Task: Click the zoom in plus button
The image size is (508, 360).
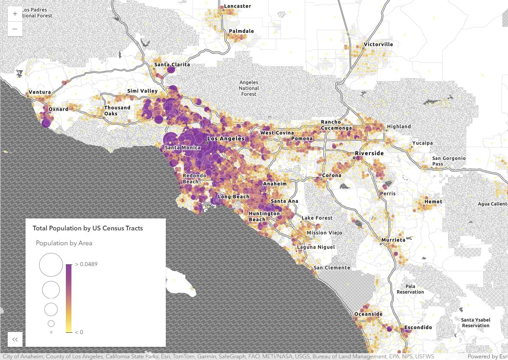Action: (x=15, y=14)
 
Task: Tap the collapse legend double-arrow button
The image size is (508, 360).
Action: (x=15, y=339)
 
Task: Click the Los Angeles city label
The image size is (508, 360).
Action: (x=226, y=139)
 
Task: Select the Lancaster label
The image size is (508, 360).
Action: (x=238, y=6)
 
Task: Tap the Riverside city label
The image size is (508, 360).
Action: (x=369, y=153)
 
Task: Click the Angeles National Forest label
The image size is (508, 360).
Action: (x=249, y=88)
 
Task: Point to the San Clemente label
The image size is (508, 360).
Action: (x=332, y=268)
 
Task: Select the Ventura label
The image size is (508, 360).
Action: (x=40, y=92)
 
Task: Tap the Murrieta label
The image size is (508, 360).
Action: (x=393, y=240)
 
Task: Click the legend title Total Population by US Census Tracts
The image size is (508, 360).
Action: (x=88, y=228)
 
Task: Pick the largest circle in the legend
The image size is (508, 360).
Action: (x=51, y=265)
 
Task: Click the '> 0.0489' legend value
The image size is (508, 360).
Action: (x=86, y=264)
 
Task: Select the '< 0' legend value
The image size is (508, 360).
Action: (x=79, y=332)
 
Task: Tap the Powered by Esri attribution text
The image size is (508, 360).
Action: (x=487, y=357)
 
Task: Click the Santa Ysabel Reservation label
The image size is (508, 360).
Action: (x=476, y=323)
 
